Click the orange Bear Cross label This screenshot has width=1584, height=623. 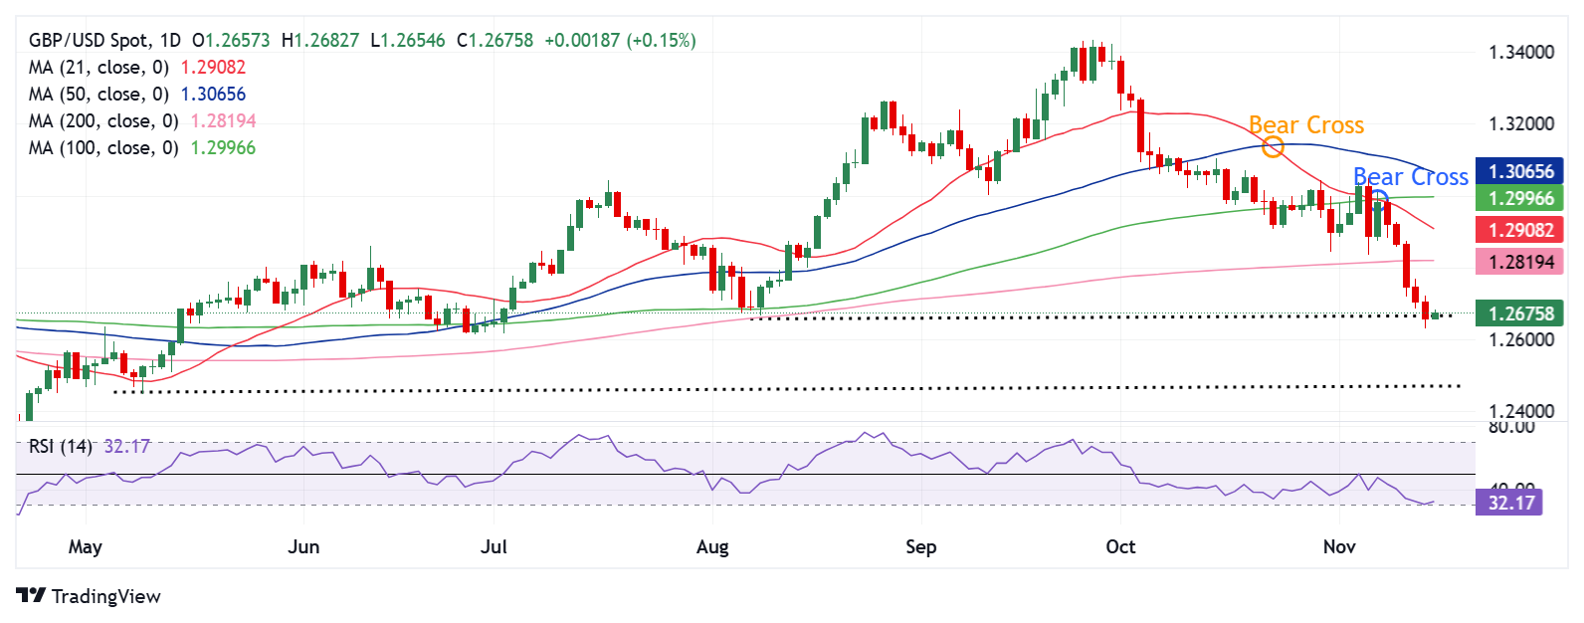coord(1305,125)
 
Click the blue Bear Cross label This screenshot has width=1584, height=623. coord(1410,177)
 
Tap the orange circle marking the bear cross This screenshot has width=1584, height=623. coord(1273,148)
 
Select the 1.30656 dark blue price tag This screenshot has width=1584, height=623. coord(1519,171)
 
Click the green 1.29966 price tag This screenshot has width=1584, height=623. coord(1519,198)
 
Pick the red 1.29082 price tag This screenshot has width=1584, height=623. coord(1519,230)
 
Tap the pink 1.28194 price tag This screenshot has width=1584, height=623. coord(1519,262)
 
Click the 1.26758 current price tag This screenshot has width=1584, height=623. coord(1519,313)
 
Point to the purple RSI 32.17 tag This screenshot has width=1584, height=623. coord(1509,503)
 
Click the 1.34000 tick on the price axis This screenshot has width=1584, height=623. coord(1520,53)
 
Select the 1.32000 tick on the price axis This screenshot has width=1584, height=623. coord(1520,124)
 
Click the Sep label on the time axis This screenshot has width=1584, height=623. coord(920,547)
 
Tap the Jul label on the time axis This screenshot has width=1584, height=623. coord(494,547)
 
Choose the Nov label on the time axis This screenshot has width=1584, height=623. coord(1339,547)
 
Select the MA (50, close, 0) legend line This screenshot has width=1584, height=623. coord(99,95)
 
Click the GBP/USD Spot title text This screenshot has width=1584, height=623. coord(91,41)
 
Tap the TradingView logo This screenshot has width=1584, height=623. coord(89,596)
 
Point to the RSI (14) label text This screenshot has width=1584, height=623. coord(60,447)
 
